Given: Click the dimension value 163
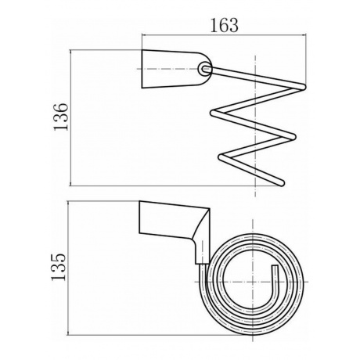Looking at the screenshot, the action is click(224, 25).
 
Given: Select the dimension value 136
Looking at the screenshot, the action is click(61, 117).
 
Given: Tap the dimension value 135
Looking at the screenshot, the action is click(59, 267).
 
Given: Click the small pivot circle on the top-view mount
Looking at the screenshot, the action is click(204, 69).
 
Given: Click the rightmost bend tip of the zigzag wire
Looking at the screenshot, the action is click(304, 87).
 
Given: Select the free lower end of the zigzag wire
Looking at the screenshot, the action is click(281, 183).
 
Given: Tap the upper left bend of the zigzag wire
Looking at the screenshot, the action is click(214, 113).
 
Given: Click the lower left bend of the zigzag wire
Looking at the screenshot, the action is click(221, 157).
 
